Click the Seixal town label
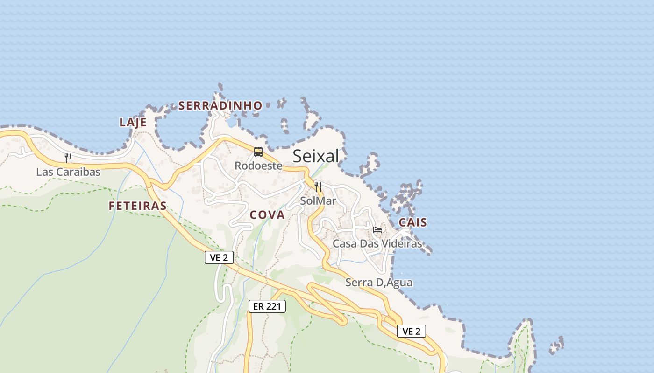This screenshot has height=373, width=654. [316, 156]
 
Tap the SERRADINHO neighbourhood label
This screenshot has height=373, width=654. [220, 106]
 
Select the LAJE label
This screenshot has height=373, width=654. [133, 123]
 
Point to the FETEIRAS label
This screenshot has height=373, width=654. [137, 206]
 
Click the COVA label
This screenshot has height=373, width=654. [267, 215]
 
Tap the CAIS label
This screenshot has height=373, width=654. [413, 222]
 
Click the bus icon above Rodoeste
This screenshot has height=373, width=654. [258, 152]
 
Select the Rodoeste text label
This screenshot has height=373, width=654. [258, 166]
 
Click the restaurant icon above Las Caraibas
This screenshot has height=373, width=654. [68, 158]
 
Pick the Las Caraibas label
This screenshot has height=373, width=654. [68, 172]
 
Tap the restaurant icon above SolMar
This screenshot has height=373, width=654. [318, 187]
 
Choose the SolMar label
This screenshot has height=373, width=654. [318, 201]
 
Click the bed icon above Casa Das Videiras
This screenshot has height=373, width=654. [377, 229]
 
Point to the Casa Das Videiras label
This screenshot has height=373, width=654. [377, 243]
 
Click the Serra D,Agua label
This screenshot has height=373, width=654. [379, 283]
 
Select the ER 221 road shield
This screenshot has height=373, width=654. [267, 306]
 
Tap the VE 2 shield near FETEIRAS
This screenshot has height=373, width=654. [219, 257]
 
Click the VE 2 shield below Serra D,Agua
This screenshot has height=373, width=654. [411, 331]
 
